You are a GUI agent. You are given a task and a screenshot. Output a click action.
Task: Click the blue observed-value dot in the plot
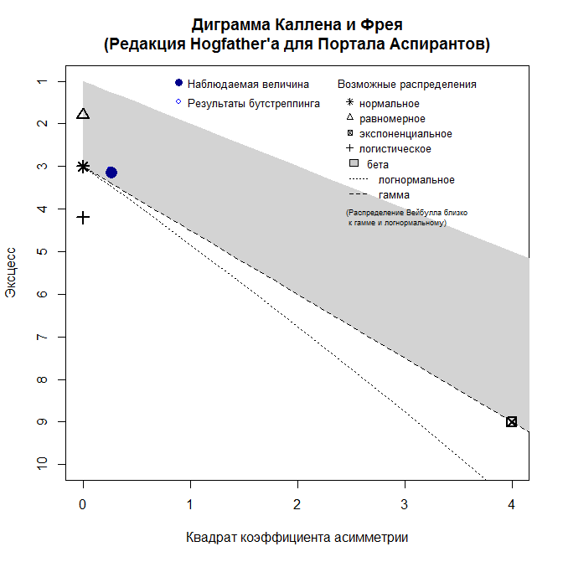(111, 173)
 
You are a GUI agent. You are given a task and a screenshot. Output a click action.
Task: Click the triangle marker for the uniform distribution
(83, 114)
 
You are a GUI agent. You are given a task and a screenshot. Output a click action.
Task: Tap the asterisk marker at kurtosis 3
(83, 167)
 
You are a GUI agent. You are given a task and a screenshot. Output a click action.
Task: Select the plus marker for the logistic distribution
(83, 218)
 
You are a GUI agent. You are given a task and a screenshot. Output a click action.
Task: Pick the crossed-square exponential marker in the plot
(512, 421)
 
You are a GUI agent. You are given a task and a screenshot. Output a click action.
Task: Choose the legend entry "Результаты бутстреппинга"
(253, 103)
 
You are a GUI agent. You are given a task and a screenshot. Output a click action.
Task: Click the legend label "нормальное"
(389, 104)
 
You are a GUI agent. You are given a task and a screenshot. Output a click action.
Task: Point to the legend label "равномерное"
(392, 119)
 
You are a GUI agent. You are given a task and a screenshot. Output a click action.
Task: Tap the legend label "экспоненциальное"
(405, 134)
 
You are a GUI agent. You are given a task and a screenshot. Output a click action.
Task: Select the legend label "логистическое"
(395, 149)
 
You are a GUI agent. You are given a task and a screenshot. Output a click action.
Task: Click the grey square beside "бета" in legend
(354, 164)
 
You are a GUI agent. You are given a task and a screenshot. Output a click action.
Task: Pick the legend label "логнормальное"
(416, 180)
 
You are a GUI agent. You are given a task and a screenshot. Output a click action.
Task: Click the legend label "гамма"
(394, 195)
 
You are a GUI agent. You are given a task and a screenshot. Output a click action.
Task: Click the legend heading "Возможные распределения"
(406, 85)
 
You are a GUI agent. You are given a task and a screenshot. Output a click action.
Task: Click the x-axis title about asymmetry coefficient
(297, 537)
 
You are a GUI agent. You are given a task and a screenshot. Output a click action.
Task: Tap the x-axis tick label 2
(297, 505)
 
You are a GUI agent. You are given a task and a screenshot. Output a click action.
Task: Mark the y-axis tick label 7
(40, 337)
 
